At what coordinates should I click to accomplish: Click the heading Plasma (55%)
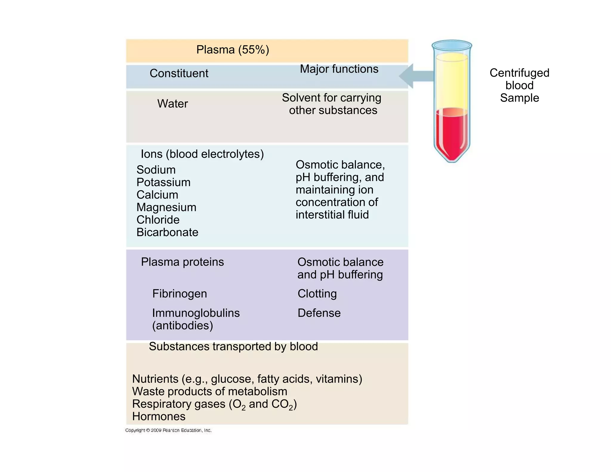point(232,50)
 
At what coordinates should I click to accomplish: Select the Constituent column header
point(179,73)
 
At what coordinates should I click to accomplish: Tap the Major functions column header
point(339,69)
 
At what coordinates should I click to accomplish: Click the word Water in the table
point(172,104)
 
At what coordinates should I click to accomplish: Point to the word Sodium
point(156,170)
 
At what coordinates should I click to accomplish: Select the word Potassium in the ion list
point(163,182)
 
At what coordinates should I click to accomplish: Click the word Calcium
point(157,195)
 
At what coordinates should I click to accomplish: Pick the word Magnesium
point(166,207)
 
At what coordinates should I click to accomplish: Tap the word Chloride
point(158,220)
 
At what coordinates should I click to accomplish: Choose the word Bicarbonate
point(167,232)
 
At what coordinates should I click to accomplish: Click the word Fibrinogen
point(179,294)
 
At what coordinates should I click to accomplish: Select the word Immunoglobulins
point(196,313)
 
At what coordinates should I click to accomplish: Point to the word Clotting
point(317,294)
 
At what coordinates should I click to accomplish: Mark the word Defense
point(319,313)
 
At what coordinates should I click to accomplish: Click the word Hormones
point(159,417)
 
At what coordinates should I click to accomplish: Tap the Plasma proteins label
point(182,262)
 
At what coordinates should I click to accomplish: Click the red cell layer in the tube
point(452,134)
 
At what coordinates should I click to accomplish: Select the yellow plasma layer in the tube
point(452,81)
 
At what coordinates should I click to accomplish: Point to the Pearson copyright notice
point(168,430)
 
